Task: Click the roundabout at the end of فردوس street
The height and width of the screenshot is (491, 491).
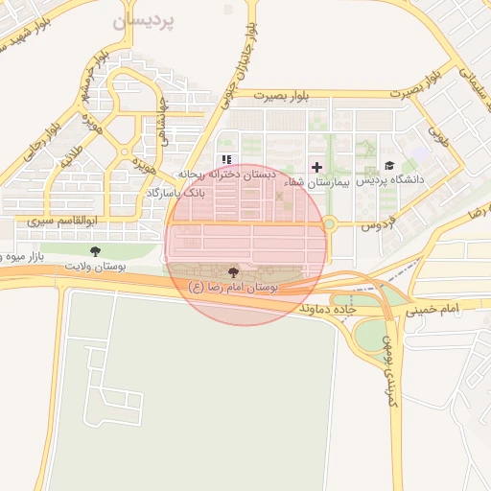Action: tap(330, 224)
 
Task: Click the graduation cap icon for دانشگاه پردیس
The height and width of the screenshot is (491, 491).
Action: tap(389, 166)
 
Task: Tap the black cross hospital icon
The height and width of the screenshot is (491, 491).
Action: tap(316, 167)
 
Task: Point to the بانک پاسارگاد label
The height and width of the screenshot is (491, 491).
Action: tap(175, 193)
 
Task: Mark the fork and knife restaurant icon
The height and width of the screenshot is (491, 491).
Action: tap(226, 159)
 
